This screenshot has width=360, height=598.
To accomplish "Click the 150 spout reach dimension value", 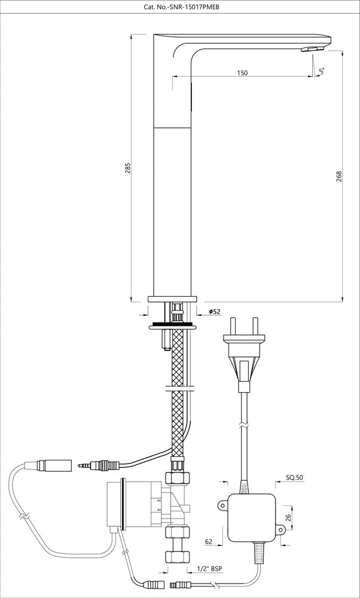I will (x=242, y=73).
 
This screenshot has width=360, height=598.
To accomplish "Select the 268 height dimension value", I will (x=339, y=177).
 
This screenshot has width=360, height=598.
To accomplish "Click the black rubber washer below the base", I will (x=173, y=325).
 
